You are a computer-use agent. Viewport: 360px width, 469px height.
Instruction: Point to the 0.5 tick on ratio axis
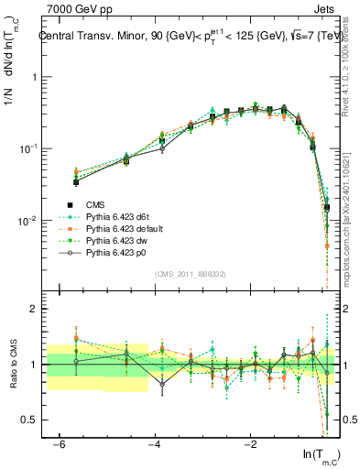pos(28,420)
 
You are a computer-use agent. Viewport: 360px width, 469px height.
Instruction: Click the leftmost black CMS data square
pos(76,182)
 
